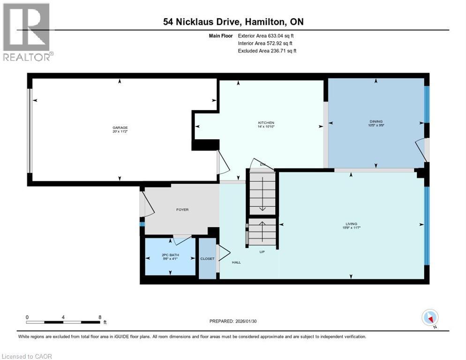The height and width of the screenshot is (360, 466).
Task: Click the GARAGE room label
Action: (120, 127)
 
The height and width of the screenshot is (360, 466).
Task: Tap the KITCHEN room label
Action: (266, 123)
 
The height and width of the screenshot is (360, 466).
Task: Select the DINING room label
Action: (376, 121)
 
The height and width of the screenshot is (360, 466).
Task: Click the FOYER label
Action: (182, 210)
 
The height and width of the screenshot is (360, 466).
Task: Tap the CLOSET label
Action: (207, 258)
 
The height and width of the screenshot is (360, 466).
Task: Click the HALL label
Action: (236, 262)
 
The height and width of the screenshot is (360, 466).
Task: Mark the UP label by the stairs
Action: (263, 252)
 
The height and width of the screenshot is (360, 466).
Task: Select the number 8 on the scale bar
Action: (100, 317)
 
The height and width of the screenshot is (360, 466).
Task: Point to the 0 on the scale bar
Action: (28, 317)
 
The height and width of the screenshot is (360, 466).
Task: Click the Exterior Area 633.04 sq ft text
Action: (266, 36)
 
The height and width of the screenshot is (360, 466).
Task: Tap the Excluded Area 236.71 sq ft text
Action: (267, 51)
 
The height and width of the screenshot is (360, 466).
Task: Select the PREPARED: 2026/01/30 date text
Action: (233, 321)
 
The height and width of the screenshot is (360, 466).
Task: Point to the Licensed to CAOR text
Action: (27, 356)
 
